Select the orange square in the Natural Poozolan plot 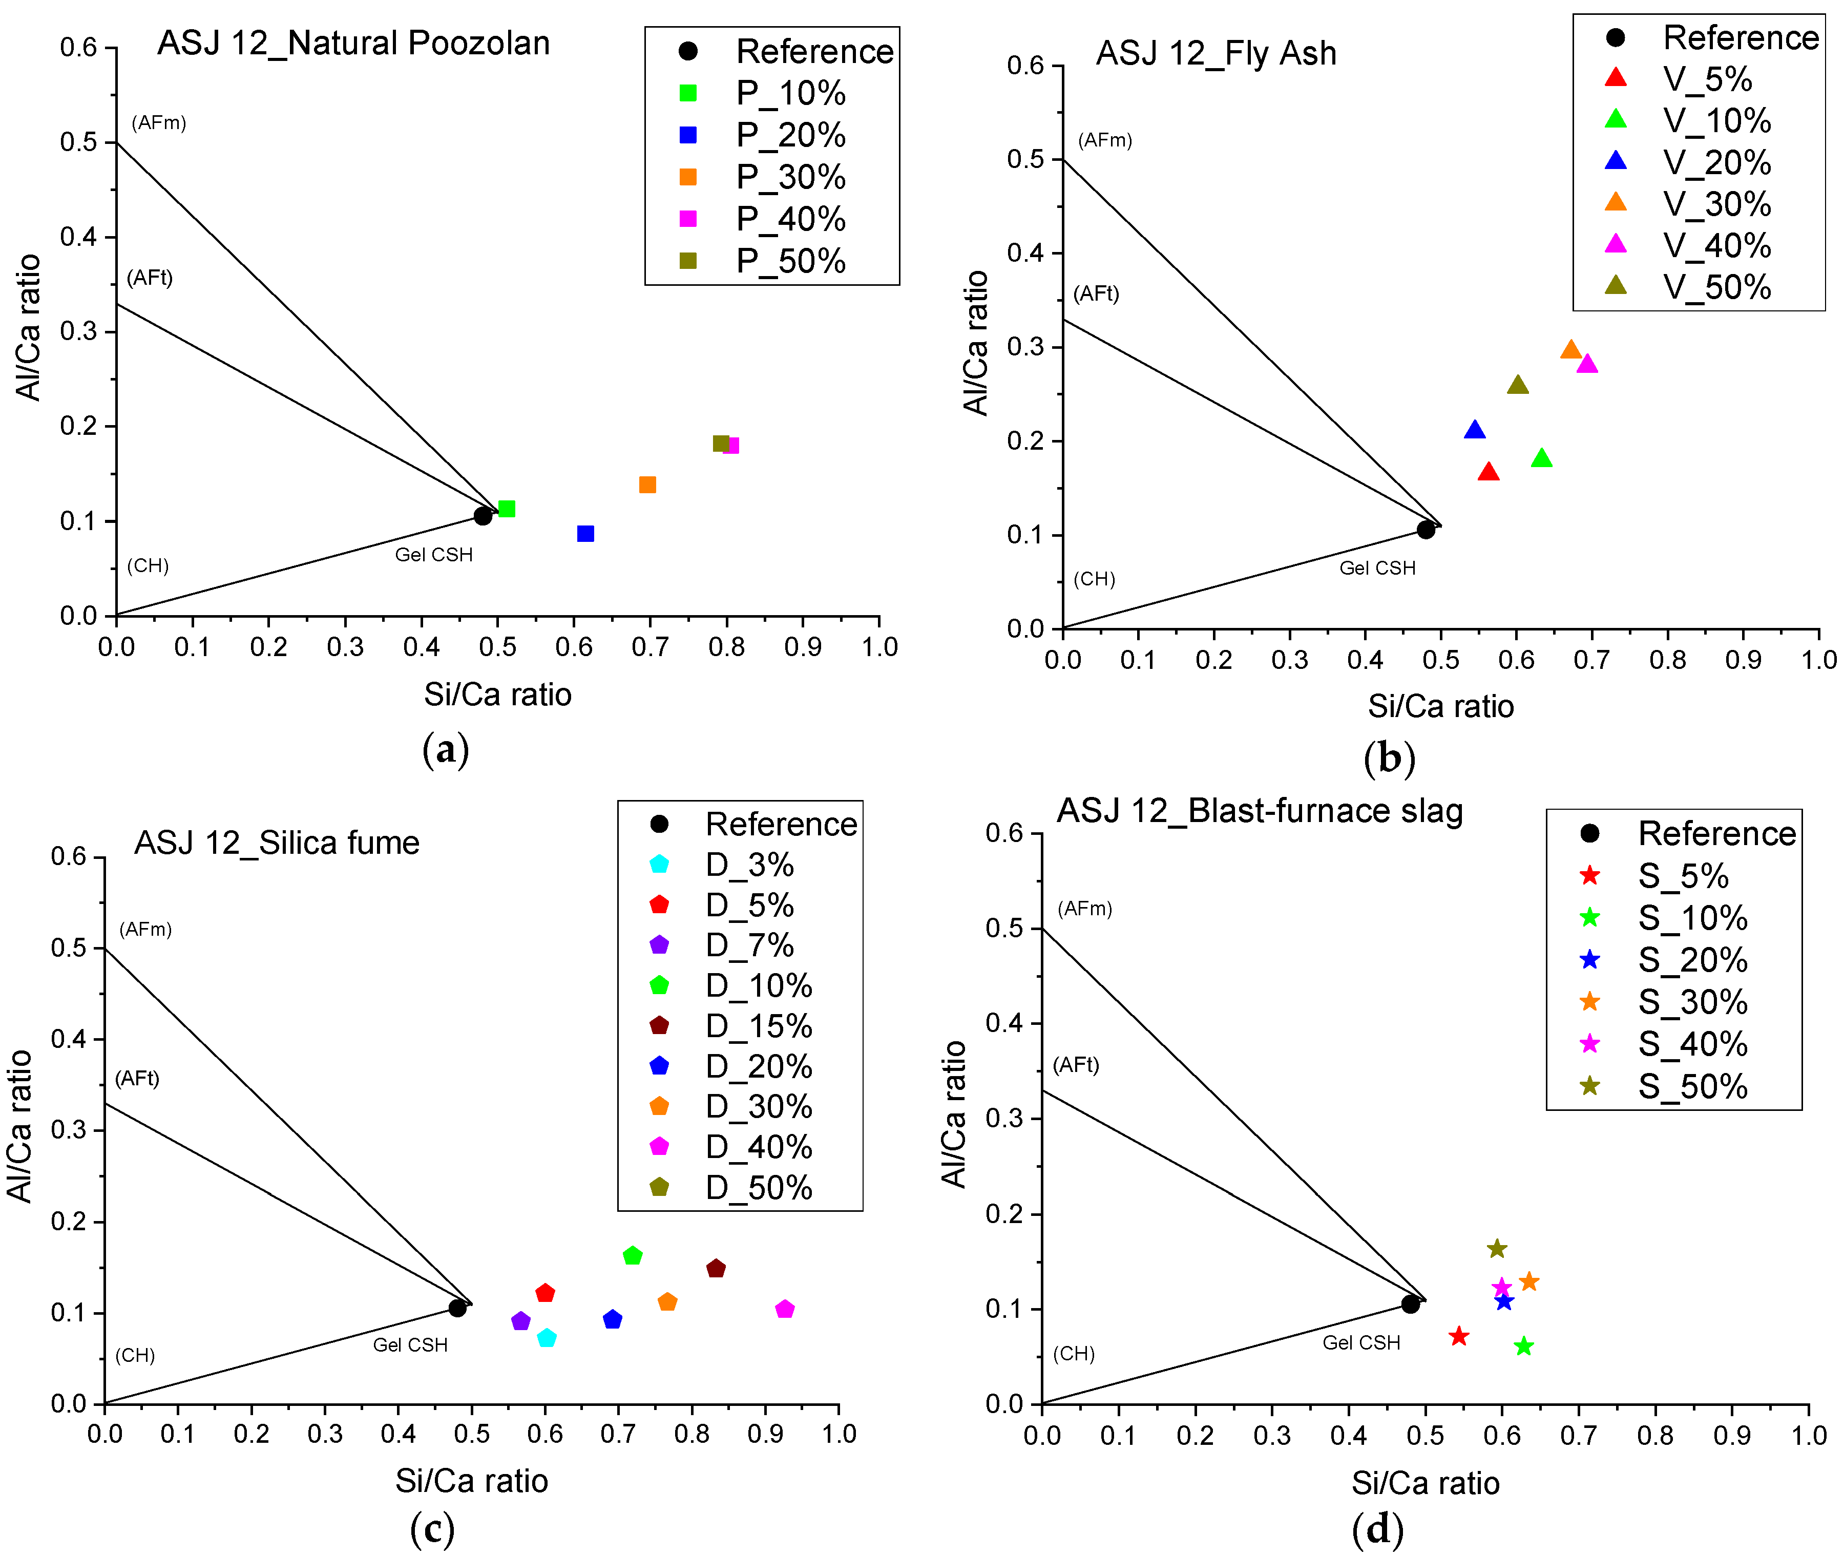[x=647, y=485]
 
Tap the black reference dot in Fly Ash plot [x=1426, y=530]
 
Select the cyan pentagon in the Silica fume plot [x=547, y=1338]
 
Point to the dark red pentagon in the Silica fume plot [x=716, y=1268]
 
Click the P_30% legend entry [x=790, y=177]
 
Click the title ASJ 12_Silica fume [x=276, y=843]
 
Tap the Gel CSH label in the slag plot [x=1360, y=1342]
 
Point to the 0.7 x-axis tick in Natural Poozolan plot [x=649, y=647]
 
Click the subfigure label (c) [x=432, y=1528]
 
